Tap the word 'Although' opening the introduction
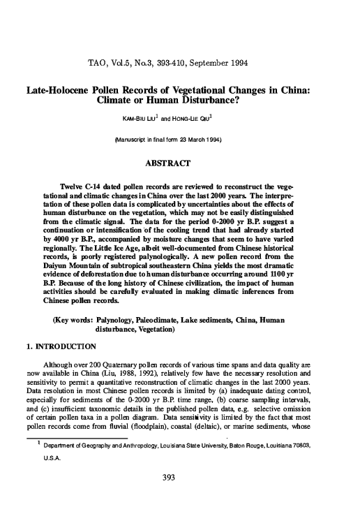coord(59,364)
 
